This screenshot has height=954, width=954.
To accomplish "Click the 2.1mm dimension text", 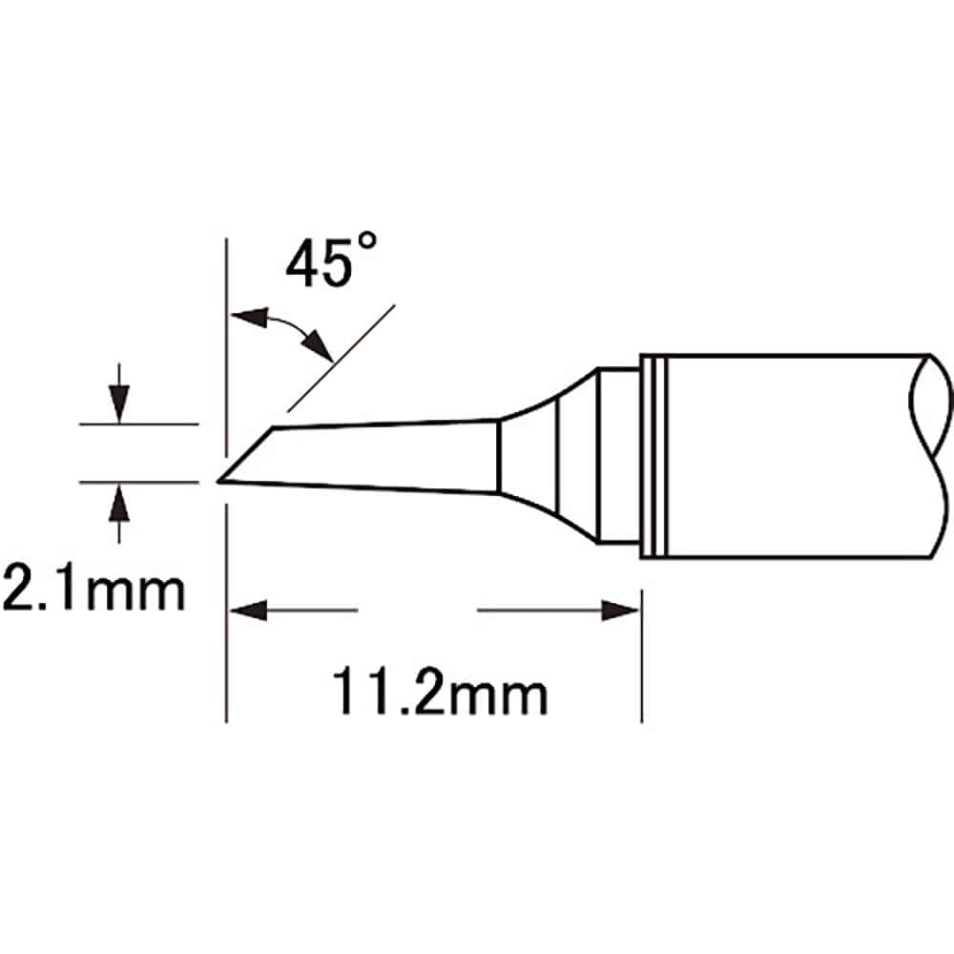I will click(93, 591).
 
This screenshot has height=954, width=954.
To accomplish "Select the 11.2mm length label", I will click(440, 695).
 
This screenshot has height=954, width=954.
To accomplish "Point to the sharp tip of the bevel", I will click(219, 480).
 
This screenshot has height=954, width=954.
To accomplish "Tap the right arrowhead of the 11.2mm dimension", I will click(625, 612).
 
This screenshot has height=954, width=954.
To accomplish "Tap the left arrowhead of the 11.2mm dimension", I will click(240, 612).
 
